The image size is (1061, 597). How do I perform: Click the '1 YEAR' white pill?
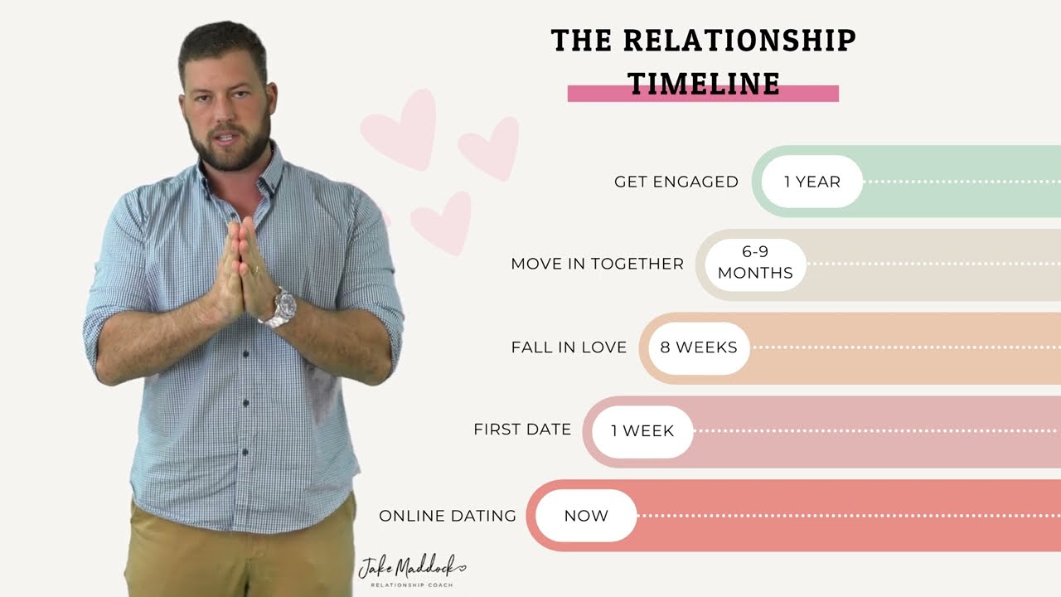pos(811,182)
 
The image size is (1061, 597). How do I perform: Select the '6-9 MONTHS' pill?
pos(755,265)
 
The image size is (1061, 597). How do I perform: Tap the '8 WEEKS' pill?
pos(698,347)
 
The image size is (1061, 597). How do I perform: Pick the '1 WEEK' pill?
pos(642,431)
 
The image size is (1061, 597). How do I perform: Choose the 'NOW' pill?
pos(586,515)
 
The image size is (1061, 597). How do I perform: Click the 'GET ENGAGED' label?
pos(676,182)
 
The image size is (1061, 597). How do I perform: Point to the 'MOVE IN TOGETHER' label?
pos(597,265)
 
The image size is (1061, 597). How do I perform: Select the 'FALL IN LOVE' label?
pos(569,347)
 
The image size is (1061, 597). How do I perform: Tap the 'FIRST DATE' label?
pos(522,430)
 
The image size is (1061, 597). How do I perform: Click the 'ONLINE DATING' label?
pos(448,516)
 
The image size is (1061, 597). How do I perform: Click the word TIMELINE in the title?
pos(704,83)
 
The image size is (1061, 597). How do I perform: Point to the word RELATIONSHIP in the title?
pos(739,41)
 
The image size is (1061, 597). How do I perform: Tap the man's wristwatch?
pos(279,308)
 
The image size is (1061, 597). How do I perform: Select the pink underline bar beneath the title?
pos(821,94)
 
